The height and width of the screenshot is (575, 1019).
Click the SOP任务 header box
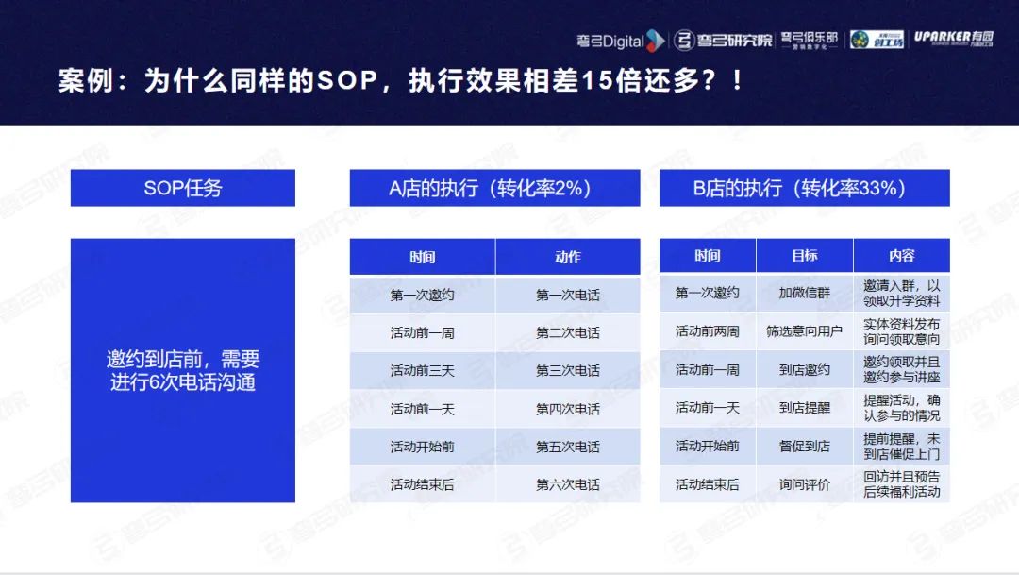click(183, 188)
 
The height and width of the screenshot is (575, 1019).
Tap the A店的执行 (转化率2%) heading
click(494, 188)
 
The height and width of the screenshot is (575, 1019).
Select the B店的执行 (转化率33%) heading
click(805, 188)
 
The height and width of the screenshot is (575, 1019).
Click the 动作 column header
click(568, 257)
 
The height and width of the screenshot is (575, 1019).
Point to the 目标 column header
click(805, 256)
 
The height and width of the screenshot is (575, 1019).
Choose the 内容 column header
click(902, 256)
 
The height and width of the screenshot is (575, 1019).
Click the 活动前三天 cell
click(423, 371)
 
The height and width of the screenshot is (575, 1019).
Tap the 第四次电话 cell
click(568, 409)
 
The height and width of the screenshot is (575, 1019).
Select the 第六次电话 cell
click(568, 484)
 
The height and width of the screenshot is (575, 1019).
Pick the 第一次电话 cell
click(568, 296)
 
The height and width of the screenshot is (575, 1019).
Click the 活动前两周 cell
click(708, 331)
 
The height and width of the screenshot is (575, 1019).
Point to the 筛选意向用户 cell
click(805, 331)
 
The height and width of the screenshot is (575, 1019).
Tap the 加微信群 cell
click(805, 293)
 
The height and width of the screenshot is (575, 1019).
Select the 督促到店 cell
click(805, 447)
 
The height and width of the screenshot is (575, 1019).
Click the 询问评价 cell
click(805, 484)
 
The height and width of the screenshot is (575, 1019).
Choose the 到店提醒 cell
click(805, 408)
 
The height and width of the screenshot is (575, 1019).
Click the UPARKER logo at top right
click(953, 39)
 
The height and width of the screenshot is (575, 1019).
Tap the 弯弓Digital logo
click(621, 41)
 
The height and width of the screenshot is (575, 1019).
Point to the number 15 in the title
click(596, 80)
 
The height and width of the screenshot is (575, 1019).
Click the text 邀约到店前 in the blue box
click(154, 359)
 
